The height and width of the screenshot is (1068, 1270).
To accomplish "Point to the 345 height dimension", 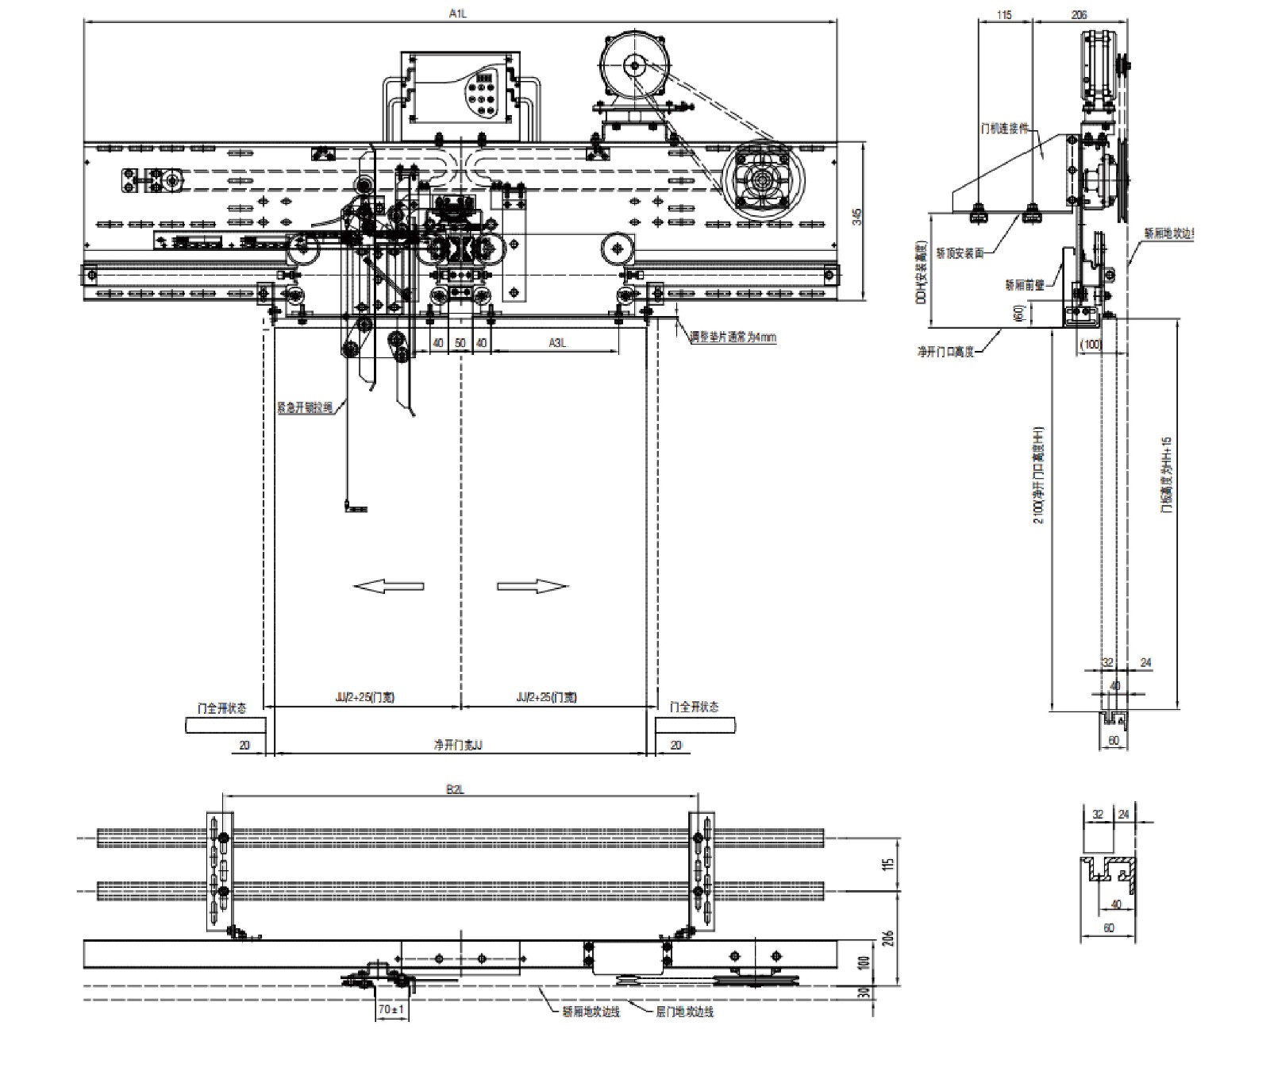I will (856, 217).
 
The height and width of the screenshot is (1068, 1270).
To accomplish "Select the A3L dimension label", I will (558, 342).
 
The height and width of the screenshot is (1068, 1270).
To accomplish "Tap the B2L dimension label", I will (456, 789).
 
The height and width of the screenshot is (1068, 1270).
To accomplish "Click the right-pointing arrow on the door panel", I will (533, 586).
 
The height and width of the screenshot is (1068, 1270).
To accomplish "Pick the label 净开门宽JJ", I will (458, 746).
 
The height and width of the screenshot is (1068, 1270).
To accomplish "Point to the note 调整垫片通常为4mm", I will (733, 337).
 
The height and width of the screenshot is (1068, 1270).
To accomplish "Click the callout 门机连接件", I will (1005, 127).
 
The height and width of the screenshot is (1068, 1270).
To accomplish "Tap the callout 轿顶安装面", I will (960, 253).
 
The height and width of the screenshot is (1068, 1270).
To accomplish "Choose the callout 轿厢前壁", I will (1025, 284).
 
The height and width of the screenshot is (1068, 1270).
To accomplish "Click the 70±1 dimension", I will (391, 1009).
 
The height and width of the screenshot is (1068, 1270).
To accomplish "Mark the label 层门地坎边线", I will (684, 1012).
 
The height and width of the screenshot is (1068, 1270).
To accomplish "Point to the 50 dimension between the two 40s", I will (460, 342).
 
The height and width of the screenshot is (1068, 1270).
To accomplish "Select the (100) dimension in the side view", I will (1091, 344).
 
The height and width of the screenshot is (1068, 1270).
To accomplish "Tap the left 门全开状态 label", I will (221, 707).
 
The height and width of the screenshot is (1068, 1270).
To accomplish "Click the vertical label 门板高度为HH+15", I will (1166, 475).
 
